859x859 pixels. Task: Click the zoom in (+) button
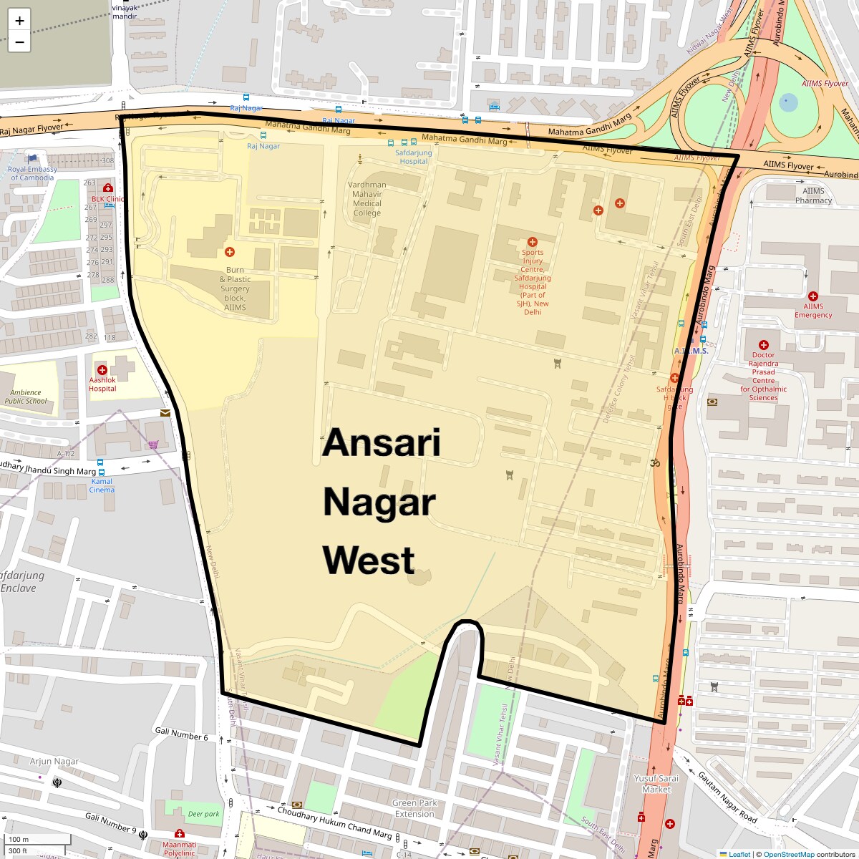pyautogui.click(x=19, y=20)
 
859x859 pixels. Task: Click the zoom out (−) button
pyautogui.click(x=19, y=42)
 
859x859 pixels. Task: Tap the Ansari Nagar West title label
pyautogui.click(x=380, y=502)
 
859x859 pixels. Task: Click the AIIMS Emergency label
pyautogui.click(x=813, y=311)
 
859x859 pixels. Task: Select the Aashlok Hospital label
pyautogui.click(x=102, y=384)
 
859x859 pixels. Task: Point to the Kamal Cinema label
pyautogui.click(x=102, y=485)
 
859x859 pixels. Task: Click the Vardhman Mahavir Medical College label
pyautogui.click(x=367, y=198)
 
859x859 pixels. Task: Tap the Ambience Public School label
pyautogui.click(x=26, y=397)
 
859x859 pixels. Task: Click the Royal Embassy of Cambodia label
pyautogui.click(x=32, y=173)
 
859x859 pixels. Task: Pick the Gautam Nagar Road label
pyautogui.click(x=727, y=797)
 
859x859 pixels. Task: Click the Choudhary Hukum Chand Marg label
pyautogui.click(x=334, y=822)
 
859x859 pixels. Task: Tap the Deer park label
pyautogui.click(x=203, y=814)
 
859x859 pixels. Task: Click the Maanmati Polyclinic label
pyautogui.click(x=179, y=849)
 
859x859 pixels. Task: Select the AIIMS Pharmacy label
pyautogui.click(x=813, y=195)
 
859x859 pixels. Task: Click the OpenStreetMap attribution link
pyautogui.click(x=788, y=854)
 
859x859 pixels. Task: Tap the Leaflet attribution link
pyautogui.click(x=739, y=854)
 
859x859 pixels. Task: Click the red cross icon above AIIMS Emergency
pyautogui.click(x=812, y=296)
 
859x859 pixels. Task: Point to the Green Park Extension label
pyautogui.click(x=414, y=808)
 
